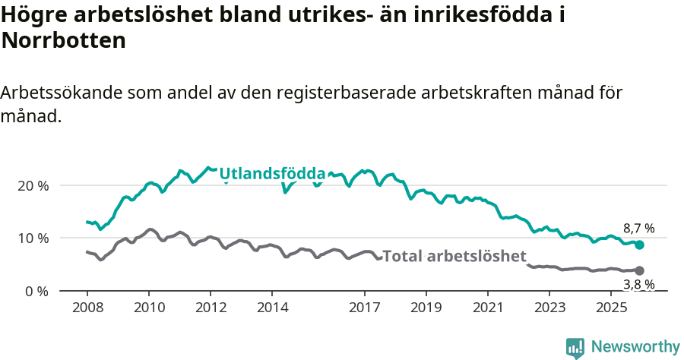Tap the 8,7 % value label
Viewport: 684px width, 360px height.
pos(638,229)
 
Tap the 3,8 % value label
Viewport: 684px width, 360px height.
pos(638,285)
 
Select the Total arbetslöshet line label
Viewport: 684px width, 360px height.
pos(454,256)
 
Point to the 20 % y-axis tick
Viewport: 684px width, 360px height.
pos(33,186)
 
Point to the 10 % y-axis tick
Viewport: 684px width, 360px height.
pos(33,238)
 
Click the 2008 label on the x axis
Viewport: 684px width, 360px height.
pos(87,308)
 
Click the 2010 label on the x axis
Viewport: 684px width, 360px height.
pos(148,308)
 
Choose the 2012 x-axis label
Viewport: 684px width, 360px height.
pos(211,308)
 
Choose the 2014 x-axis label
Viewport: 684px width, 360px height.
pos(272,308)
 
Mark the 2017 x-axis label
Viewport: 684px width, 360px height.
pos(365,308)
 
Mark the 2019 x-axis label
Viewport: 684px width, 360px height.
pos(426,308)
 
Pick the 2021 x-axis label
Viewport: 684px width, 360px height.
pos(488,308)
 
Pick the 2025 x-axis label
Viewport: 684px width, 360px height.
pos(612,308)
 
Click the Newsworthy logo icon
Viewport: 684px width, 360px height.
pos(575,347)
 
